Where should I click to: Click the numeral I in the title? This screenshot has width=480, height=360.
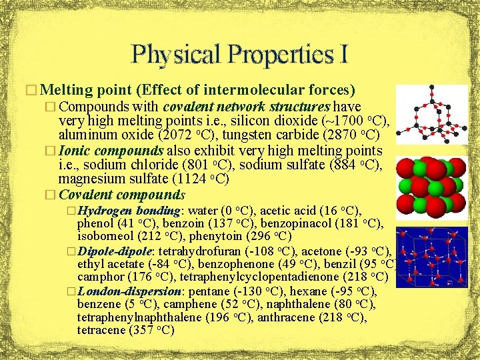342,53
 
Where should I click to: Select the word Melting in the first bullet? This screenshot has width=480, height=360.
69,90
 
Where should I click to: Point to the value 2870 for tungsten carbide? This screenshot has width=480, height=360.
351,136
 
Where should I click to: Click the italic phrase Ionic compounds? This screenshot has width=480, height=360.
111,151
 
